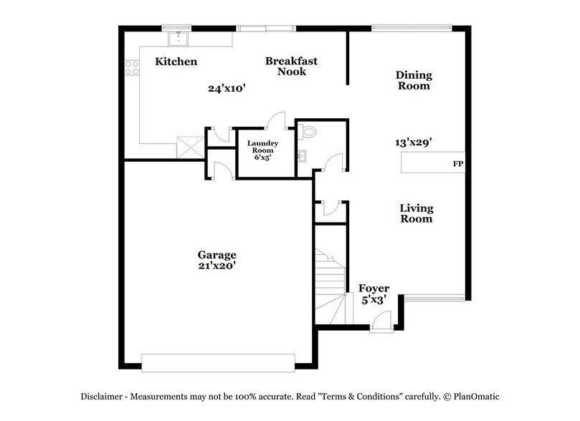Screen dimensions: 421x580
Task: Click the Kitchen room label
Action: click(x=176, y=62)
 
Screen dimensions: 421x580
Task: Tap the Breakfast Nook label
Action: click(x=291, y=67)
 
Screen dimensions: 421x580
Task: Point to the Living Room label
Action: click(x=416, y=213)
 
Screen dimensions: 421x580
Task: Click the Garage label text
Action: click(x=217, y=255)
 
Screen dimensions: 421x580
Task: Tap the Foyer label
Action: click(x=374, y=289)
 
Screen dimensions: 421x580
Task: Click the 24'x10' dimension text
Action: click(x=227, y=89)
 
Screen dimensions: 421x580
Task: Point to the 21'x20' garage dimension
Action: click(x=217, y=266)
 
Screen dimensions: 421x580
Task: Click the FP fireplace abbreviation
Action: click(x=457, y=164)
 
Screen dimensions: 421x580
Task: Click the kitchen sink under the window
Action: click(x=176, y=39)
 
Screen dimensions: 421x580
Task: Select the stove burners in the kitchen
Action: click(x=132, y=68)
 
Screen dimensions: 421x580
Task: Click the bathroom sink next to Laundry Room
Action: click(x=302, y=155)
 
